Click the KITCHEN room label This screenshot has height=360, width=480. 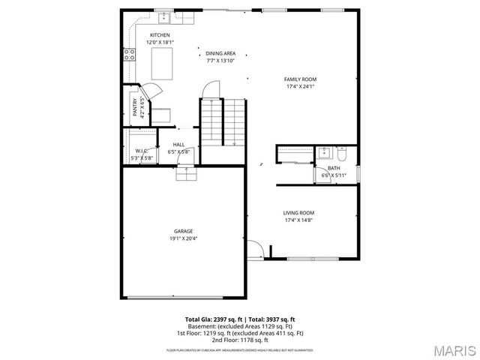point(160,35)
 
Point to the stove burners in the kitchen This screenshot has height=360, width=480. point(128,53)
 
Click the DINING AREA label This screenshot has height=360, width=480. point(220,53)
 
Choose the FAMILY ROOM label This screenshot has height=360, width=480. point(300,79)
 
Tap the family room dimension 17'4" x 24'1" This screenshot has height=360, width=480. point(300,86)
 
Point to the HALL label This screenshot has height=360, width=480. point(179,145)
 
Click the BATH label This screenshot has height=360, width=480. point(333,168)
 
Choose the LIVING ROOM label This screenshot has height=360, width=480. point(298,212)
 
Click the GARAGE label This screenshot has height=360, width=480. point(184,231)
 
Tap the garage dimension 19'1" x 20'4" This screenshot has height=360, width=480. point(184,238)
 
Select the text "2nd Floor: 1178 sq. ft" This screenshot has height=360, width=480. point(240,340)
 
